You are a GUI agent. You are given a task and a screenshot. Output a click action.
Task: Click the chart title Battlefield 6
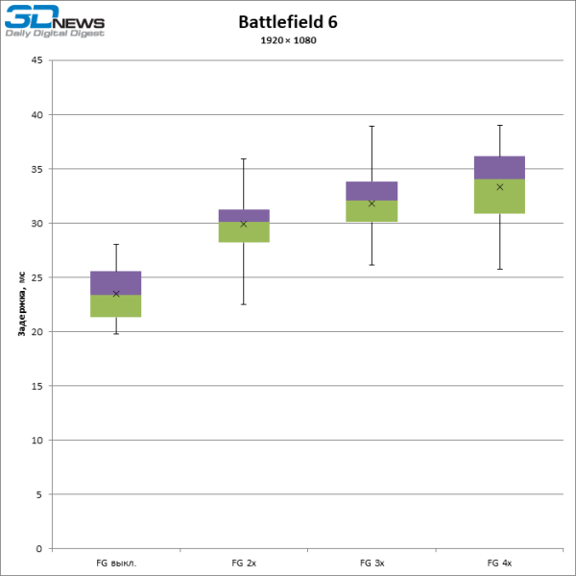pos(288,22)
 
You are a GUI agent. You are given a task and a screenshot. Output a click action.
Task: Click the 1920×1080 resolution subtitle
pos(288,40)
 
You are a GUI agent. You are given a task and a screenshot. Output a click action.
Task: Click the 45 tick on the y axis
pos(36,60)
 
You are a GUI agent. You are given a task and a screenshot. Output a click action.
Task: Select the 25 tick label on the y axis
pos(36,277)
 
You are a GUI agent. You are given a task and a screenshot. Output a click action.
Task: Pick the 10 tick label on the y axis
pos(36,440)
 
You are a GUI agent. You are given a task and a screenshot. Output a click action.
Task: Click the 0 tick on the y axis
pos(39,548)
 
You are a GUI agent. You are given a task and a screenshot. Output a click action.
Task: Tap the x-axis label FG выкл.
pos(116,562)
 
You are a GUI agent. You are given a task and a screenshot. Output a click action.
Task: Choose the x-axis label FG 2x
pos(244,562)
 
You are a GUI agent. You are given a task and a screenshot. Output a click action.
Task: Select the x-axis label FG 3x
pos(372,562)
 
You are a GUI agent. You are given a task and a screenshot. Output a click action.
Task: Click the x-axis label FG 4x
pos(499,562)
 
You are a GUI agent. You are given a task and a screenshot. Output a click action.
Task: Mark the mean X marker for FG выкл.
pos(116,294)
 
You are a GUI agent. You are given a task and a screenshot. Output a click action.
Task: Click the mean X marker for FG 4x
pos(499,187)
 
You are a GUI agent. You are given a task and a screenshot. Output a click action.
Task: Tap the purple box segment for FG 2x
pos(244,215)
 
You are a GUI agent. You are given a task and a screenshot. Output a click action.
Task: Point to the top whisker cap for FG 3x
pos(372,126)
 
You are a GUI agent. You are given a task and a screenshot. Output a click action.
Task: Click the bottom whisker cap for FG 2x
pos(244,304)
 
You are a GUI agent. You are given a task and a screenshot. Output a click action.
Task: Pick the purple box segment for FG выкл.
pos(116,282)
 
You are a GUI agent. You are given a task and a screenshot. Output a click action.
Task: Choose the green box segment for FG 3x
pos(372,211)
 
